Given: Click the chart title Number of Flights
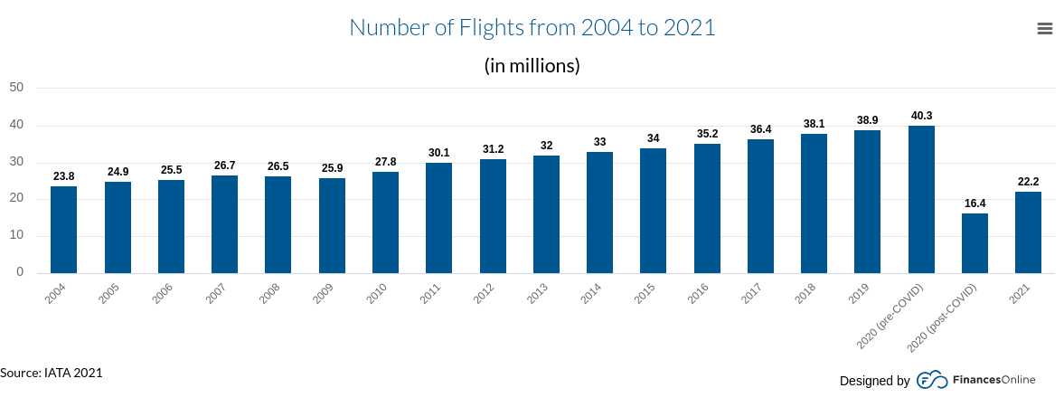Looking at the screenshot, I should pos(532,28).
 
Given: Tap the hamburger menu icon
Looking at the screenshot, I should pos(1044,29).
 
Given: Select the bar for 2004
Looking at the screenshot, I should pos(63,230).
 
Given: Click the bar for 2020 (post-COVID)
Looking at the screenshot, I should pos(975,243).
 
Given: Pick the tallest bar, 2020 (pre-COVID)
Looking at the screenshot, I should pos(921,200).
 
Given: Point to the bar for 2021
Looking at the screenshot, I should pos(1028,232).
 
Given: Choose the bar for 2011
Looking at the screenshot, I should pos(438,218).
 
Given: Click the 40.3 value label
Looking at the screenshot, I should pos(921,116).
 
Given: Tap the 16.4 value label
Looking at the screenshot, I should pos(975,203).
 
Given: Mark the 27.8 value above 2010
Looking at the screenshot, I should pos(385,162).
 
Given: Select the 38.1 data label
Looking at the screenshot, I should pos(814,124).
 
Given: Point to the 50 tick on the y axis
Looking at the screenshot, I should pos(15,88).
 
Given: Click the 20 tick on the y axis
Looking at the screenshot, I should pos(15,199).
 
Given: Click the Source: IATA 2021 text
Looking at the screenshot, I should pos(52,373).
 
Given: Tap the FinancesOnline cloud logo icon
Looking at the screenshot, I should pos(932,381).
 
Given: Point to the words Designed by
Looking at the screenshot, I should pos(874,381).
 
